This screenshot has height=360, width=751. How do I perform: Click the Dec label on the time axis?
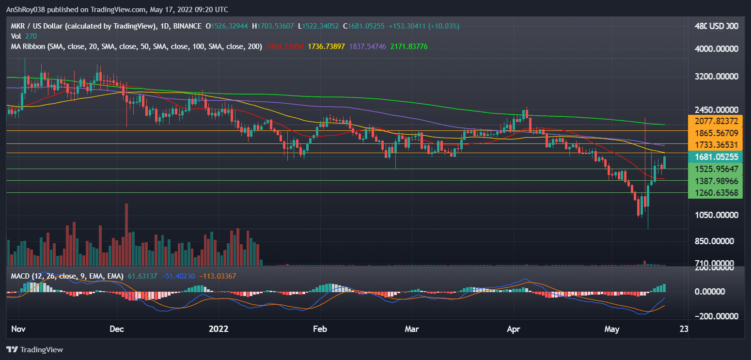click(117, 329)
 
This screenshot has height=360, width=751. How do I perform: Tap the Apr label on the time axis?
click(513, 329)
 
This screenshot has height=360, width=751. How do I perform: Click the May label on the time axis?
click(612, 329)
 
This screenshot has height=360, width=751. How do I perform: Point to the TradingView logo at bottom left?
click(34, 349)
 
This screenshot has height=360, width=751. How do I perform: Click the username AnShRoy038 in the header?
click(26, 10)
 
